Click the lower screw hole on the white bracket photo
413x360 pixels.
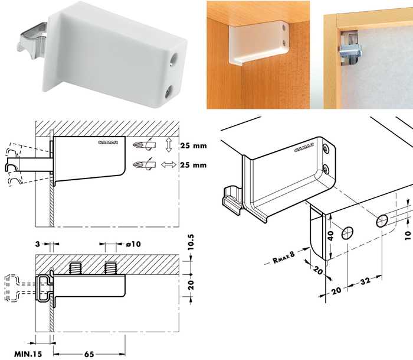pyautogui.click(x=169, y=93)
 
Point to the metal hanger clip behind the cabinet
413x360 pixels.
pyautogui.click(x=350, y=49)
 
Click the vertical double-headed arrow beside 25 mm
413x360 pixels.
pyautogui.click(x=169, y=145)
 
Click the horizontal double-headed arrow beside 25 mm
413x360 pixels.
pyautogui.click(x=169, y=165)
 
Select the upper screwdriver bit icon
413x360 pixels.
pyautogui.click(x=145, y=145)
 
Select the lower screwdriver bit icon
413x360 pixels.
pyautogui.click(x=145, y=165)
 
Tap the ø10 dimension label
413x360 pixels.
pyautogui.click(x=133, y=244)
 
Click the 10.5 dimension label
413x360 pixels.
pyautogui.click(x=191, y=242)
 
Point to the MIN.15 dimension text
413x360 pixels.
pyautogui.click(x=28, y=354)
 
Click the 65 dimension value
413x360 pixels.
pyautogui.click(x=89, y=354)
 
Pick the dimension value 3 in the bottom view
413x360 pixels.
pyautogui.click(x=38, y=244)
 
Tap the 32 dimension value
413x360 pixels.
pyautogui.click(x=366, y=281)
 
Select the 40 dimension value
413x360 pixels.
pyautogui.click(x=330, y=235)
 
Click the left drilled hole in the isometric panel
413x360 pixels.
pyautogui.click(x=348, y=233)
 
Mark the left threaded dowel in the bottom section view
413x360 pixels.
pyautogui.click(x=74, y=268)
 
